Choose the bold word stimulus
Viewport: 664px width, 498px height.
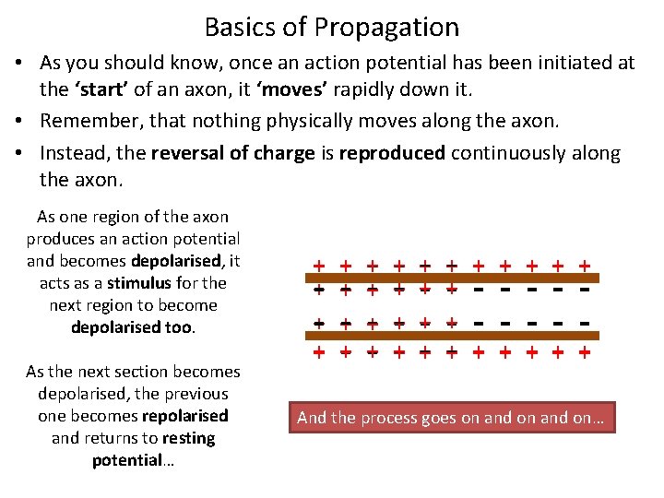coord(137,283)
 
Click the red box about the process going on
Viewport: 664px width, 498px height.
coord(450,418)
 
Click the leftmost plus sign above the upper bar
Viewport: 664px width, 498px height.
coord(318,266)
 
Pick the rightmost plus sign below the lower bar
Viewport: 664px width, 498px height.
coord(585,352)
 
